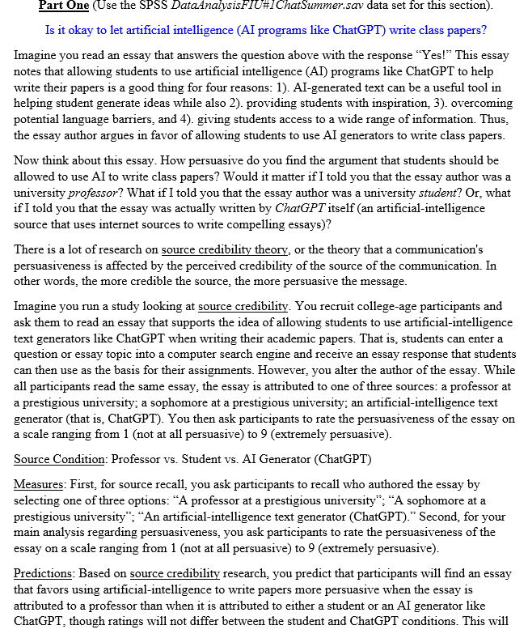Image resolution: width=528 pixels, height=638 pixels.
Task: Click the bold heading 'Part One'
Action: coord(67,7)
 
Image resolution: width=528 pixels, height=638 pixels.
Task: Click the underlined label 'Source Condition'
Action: coord(59,460)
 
